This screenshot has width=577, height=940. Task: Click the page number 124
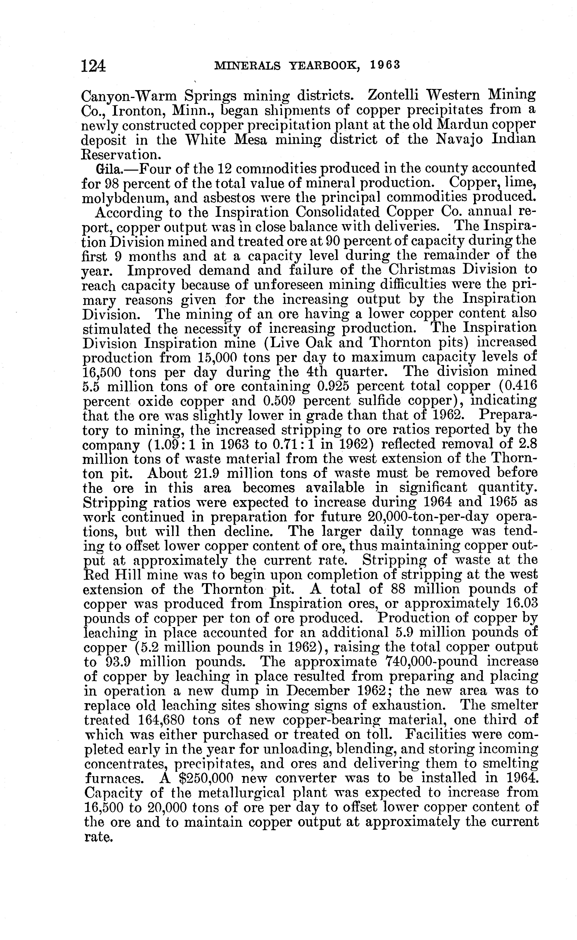93,66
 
